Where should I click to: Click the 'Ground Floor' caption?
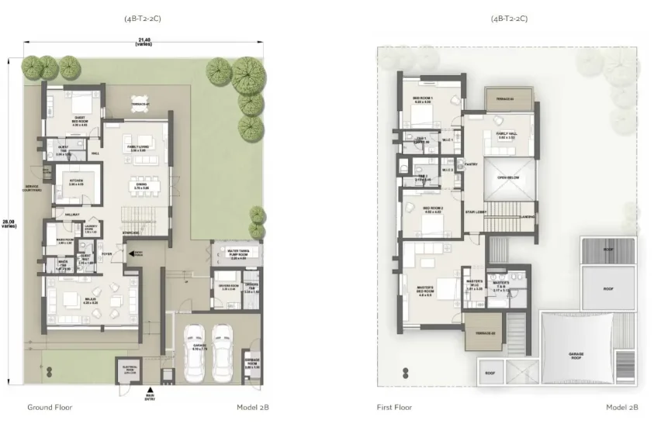coord(50,407)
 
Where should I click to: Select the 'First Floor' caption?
coord(396,407)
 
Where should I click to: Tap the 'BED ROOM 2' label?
coord(431,208)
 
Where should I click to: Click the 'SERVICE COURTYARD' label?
coord(33,188)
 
